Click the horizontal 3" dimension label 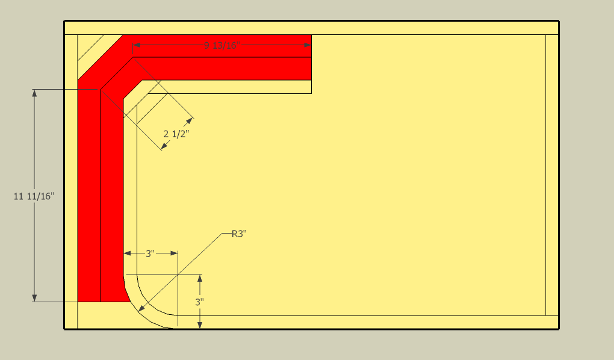(150, 253)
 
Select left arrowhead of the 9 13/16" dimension (136, 45)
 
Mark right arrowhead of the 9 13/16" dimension (308, 45)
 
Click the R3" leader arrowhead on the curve (141, 311)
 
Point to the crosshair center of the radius (178, 275)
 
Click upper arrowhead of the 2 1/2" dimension (190, 120)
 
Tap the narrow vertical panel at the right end (552, 175)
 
